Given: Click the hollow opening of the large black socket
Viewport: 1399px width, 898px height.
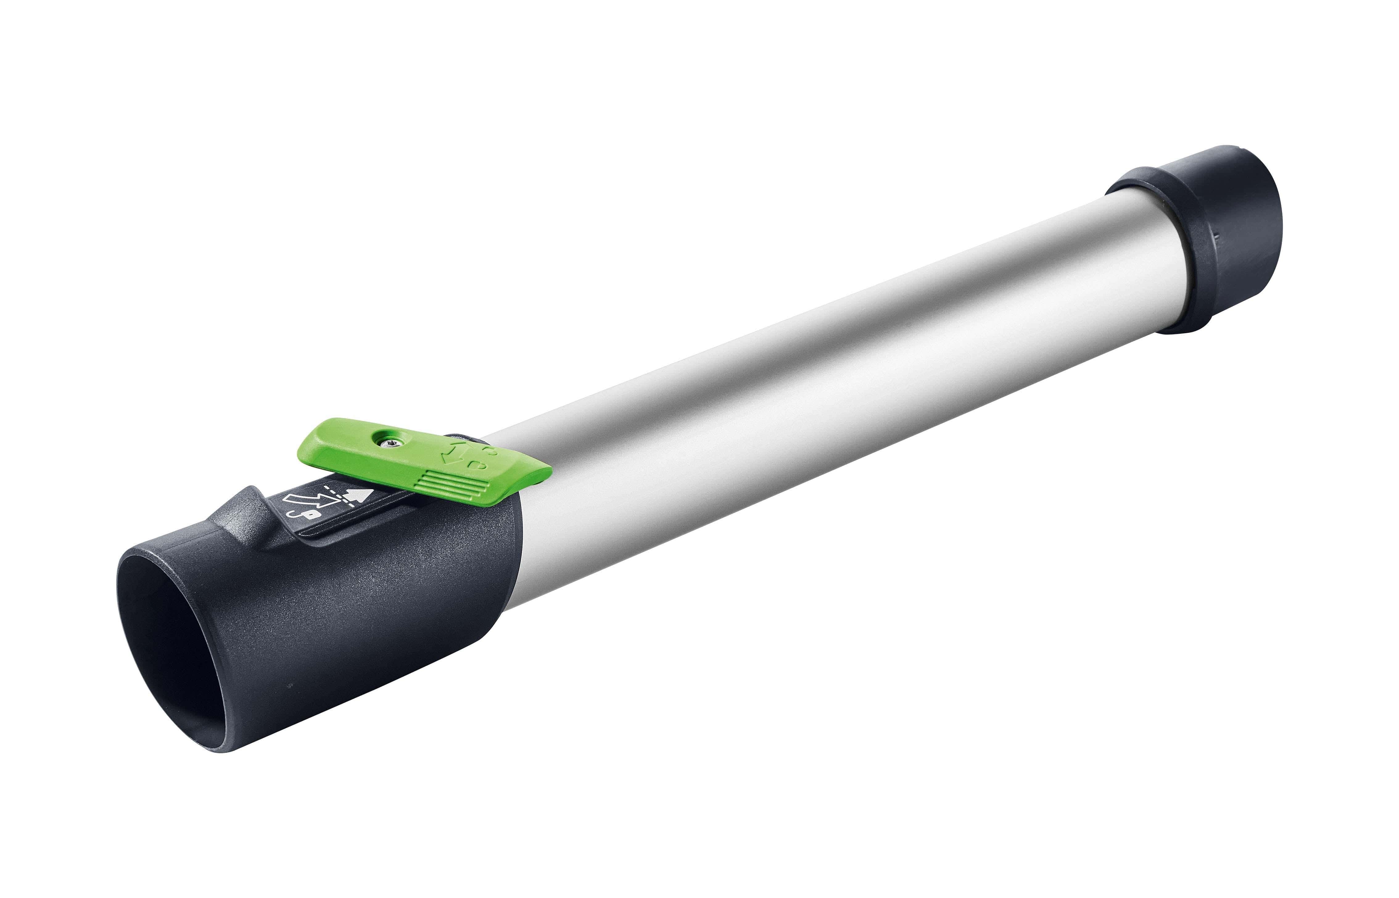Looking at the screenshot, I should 175,653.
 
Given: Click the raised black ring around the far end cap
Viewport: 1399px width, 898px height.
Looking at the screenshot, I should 1142,193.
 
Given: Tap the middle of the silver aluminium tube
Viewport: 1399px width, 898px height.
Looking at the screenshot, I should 816,362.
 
